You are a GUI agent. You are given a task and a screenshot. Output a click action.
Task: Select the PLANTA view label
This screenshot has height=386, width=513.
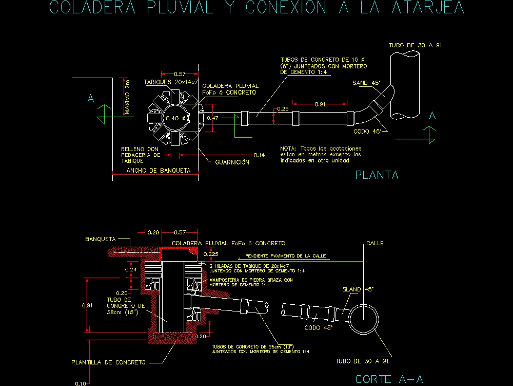coord(377,175)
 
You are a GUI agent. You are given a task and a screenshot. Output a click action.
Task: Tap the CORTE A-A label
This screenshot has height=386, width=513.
coord(389,380)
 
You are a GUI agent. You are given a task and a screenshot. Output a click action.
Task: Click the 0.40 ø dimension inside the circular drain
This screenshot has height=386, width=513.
coord(174,118)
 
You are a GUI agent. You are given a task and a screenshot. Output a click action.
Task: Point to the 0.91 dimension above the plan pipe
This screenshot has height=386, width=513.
coord(320,104)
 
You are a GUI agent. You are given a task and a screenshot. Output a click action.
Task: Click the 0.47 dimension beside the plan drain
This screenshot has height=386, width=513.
coord(212,118)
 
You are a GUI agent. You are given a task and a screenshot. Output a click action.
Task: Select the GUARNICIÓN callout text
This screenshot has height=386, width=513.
coord(232,162)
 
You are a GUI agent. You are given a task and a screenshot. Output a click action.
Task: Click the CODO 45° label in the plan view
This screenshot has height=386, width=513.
coord(369,131)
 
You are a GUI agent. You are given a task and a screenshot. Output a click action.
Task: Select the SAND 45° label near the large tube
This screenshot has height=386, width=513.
coord(366,83)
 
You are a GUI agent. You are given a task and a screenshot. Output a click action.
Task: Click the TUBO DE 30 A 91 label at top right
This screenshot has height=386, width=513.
coord(415,46)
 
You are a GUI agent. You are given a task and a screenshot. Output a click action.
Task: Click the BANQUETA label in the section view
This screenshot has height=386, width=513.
coord(100,239)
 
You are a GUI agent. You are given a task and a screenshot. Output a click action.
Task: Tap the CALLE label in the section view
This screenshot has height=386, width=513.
coord(374,243)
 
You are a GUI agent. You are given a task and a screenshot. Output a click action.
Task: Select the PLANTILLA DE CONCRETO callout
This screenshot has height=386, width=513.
coord(108,362)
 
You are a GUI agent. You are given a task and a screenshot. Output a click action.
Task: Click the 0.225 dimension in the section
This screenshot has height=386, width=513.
coord(211,254)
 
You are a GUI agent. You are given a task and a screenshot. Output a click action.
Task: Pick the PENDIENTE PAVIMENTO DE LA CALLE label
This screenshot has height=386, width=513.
coord(286,256)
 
